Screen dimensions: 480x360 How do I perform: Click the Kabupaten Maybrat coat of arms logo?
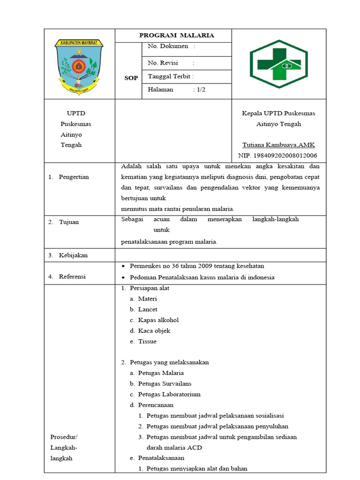click(x=79, y=64)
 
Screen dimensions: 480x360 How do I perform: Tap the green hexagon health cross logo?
click(x=278, y=64)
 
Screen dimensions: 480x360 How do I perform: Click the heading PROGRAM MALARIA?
click(x=177, y=35)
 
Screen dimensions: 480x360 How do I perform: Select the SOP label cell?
click(x=131, y=78)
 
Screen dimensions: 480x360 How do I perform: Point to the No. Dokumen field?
click(x=171, y=46)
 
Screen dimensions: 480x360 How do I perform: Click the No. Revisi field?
click(x=171, y=63)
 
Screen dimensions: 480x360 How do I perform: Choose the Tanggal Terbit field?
click(x=171, y=76)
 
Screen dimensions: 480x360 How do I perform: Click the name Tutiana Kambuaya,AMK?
click(x=278, y=145)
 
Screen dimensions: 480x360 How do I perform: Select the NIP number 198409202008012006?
click(x=277, y=155)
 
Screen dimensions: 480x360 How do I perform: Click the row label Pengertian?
click(x=74, y=177)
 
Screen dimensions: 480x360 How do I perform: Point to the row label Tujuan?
click(x=69, y=222)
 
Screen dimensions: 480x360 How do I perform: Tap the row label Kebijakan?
click(x=73, y=255)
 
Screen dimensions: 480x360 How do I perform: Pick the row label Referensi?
click(x=72, y=277)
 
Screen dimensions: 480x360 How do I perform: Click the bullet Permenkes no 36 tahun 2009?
click(x=197, y=266)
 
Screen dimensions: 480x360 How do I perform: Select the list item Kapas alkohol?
click(x=158, y=320)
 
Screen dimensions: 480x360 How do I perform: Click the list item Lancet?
click(x=147, y=309)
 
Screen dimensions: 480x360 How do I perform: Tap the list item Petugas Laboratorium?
click(x=169, y=394)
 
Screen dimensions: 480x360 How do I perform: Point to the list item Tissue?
click(x=147, y=341)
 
